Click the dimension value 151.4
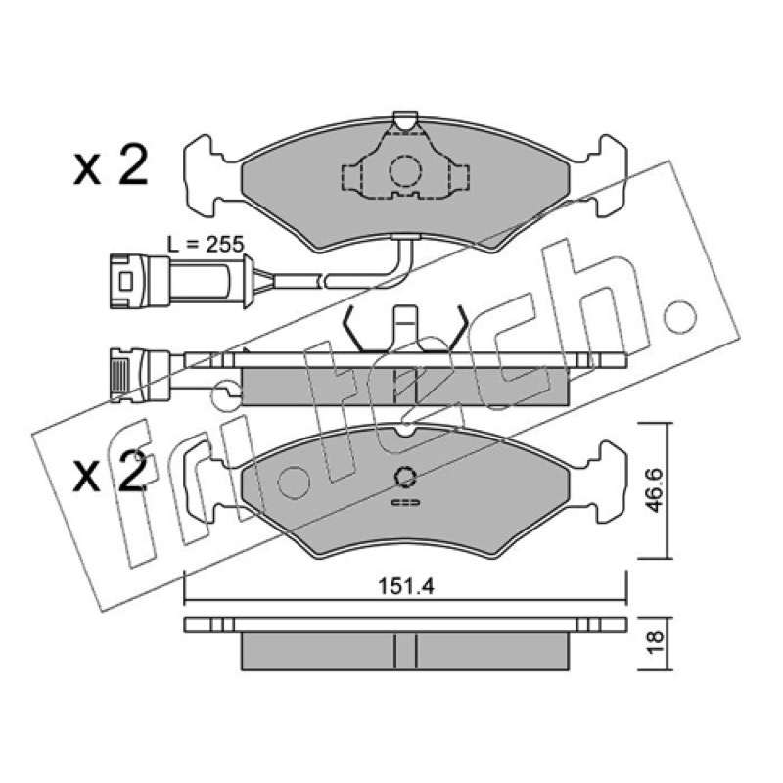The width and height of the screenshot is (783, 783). pos(405,586)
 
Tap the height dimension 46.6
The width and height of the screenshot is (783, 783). pos(654,490)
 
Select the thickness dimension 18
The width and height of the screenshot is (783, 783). pos(655,642)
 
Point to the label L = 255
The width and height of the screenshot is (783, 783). pos(206,245)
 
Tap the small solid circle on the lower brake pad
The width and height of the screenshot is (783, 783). pos(405,477)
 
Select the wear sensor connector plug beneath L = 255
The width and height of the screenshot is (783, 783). pos(182,281)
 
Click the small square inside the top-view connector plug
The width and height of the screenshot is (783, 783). pos(125,281)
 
